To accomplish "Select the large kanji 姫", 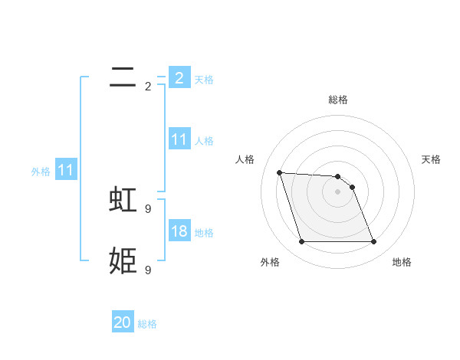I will click(123, 260).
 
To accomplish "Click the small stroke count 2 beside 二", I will click(148, 87).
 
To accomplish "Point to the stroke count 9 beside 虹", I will click(148, 208).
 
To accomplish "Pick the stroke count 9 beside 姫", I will click(148, 270).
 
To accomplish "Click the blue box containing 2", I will click(179, 78).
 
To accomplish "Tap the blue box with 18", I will click(179, 231).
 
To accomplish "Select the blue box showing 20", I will click(123, 323).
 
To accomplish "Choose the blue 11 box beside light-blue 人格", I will click(179, 139).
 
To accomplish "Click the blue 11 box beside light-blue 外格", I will click(66, 171).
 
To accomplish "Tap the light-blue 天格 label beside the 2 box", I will click(204, 80).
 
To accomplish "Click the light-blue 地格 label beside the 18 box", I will click(204, 233).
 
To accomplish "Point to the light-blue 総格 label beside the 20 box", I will click(147, 325).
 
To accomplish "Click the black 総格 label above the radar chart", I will click(337, 100).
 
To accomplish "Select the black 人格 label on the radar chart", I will click(245, 159).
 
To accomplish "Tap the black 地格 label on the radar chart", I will click(402, 262).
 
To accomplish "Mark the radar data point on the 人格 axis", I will click(279, 172).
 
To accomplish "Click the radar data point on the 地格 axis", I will click(373, 242).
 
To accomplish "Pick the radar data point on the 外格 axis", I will click(301, 242).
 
